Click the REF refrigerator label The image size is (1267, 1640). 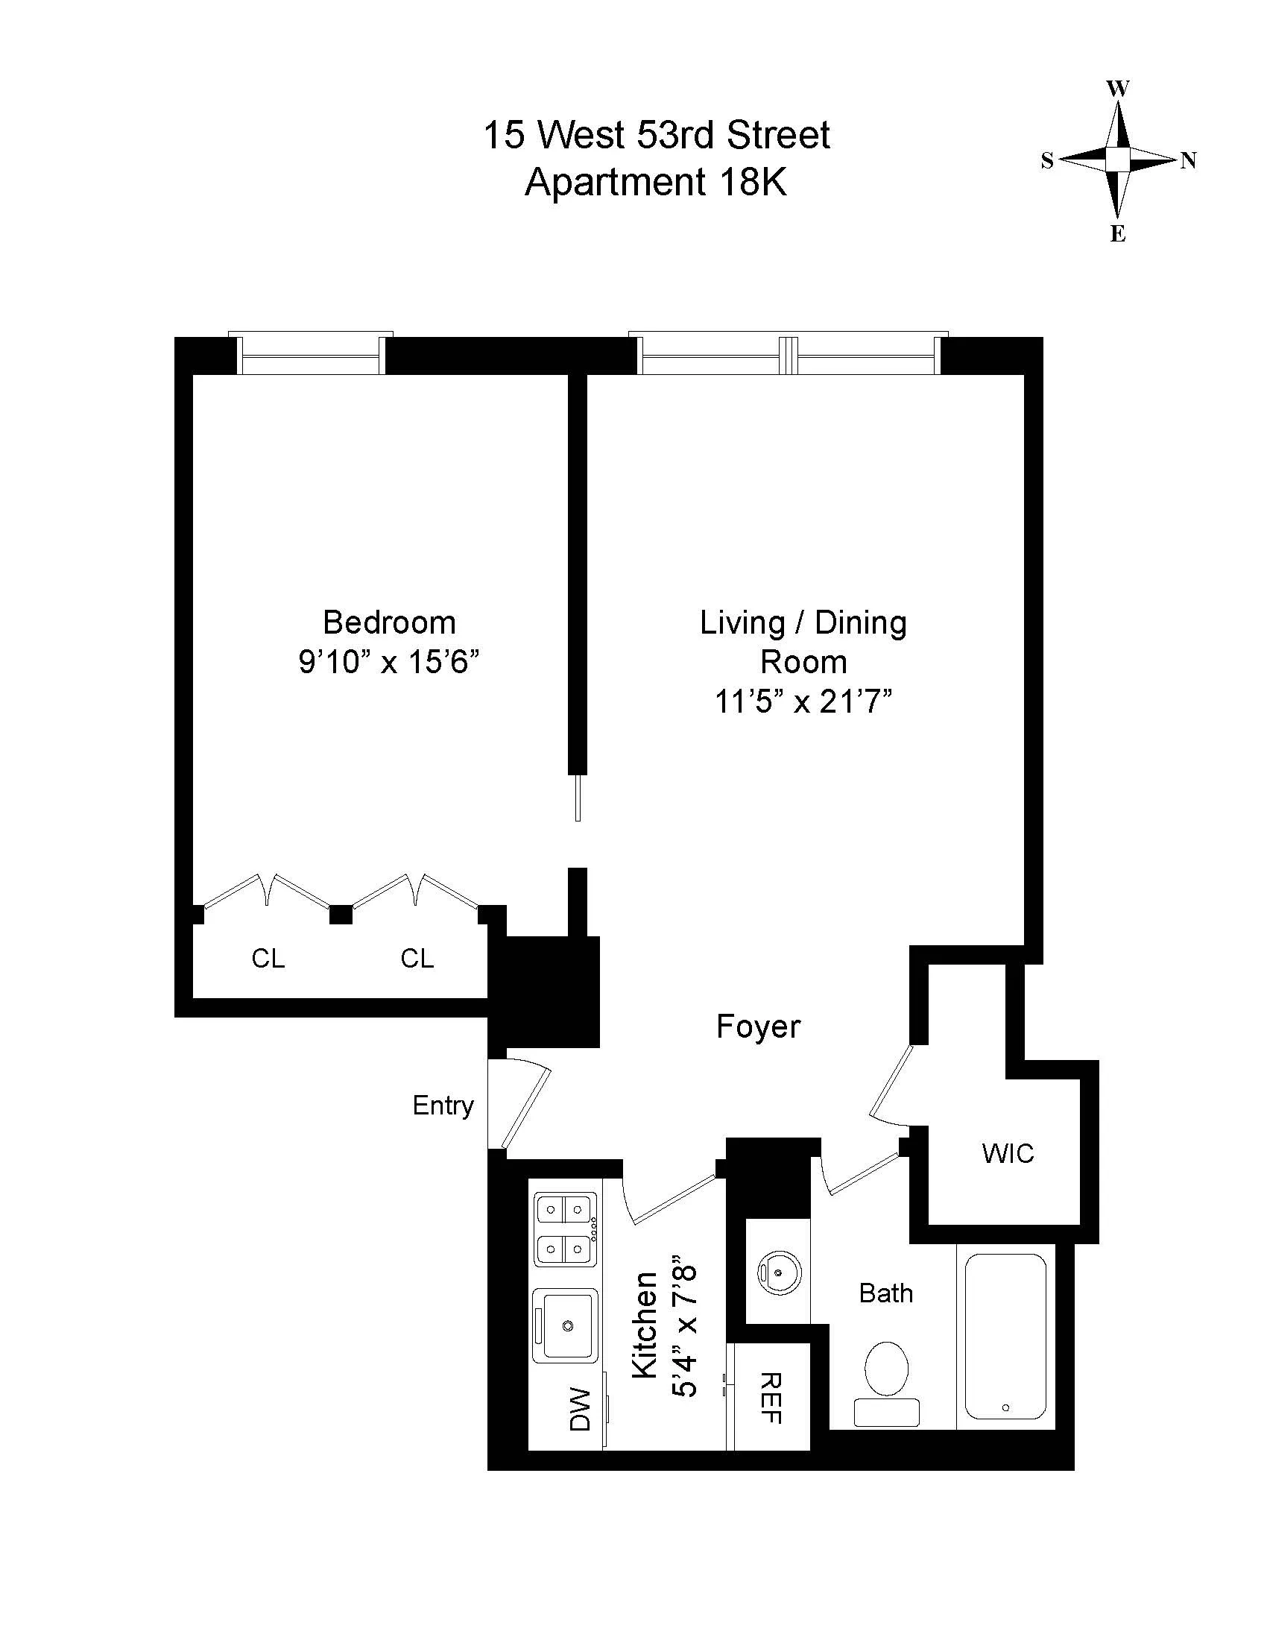tap(771, 1398)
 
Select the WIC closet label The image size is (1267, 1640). tap(1008, 1152)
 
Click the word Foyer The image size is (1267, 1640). tap(758, 1026)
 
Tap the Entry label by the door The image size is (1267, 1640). tap(443, 1106)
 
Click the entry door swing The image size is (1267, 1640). tap(525, 1108)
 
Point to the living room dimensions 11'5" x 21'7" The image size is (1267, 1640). tap(803, 701)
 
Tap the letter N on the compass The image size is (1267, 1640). tap(1188, 160)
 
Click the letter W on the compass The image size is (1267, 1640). tap(1118, 89)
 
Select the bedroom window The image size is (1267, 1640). tap(311, 355)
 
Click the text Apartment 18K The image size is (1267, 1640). tap(656, 182)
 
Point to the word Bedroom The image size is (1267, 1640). tap(389, 622)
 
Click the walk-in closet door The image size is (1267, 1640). tap(891, 1084)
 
